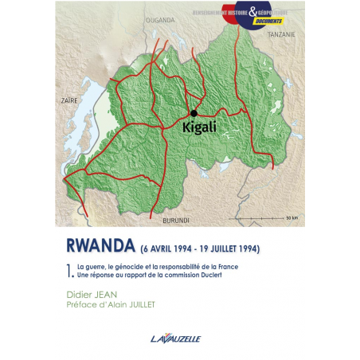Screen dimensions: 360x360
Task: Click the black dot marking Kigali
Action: pyautogui.click(x=194, y=113)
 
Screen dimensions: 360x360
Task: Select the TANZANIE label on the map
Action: pyautogui.click(x=280, y=34)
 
